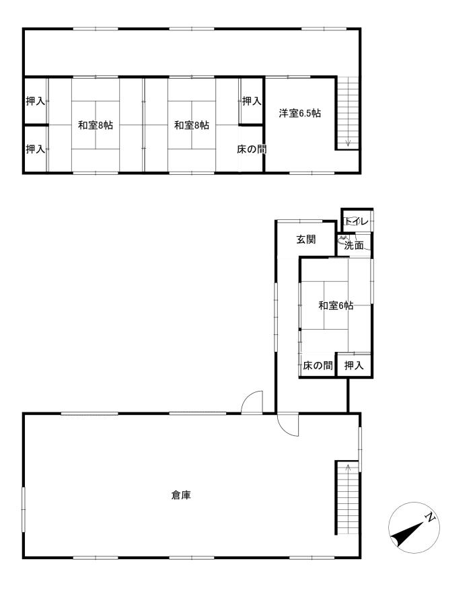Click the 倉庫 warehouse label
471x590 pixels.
click(181, 495)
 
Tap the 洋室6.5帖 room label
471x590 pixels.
click(300, 113)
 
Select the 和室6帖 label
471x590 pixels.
click(336, 305)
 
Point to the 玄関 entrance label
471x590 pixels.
click(306, 239)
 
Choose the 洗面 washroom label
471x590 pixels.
click(354, 246)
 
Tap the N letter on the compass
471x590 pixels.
click(430, 517)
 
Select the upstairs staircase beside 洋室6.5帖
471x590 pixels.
click(348, 113)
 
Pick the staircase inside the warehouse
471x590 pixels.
click(348, 497)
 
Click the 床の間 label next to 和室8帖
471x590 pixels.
click(252, 149)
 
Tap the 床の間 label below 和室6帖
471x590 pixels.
click(318, 365)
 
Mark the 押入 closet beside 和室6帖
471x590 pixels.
click(354, 365)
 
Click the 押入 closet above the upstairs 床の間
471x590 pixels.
click(251, 101)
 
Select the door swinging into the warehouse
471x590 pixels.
click(288, 425)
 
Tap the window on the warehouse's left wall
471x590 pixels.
click(24, 509)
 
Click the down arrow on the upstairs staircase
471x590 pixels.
click(348, 142)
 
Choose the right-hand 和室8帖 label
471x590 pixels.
click(192, 125)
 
